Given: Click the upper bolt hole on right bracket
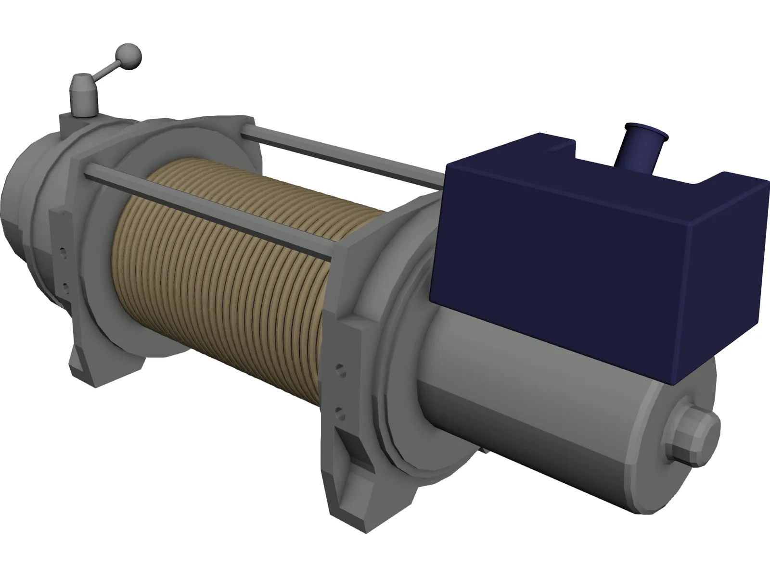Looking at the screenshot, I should (341, 371).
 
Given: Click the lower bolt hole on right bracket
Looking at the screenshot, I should (341, 412).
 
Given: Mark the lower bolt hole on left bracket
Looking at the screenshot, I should (65, 288).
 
